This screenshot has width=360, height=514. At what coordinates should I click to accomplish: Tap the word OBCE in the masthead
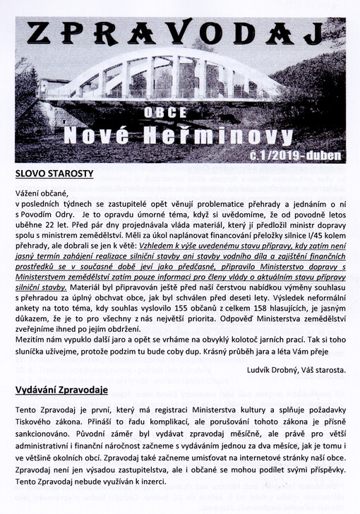click(176, 113)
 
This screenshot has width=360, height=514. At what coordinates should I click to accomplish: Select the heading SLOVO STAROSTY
click(54, 172)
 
